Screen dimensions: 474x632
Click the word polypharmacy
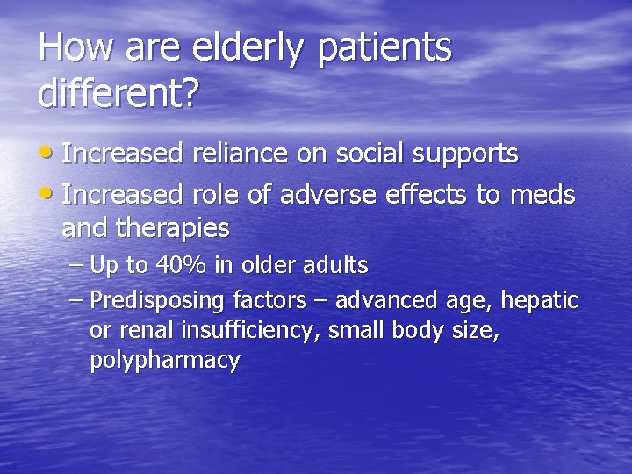[164, 362]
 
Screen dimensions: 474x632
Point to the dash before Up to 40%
[75, 264]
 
